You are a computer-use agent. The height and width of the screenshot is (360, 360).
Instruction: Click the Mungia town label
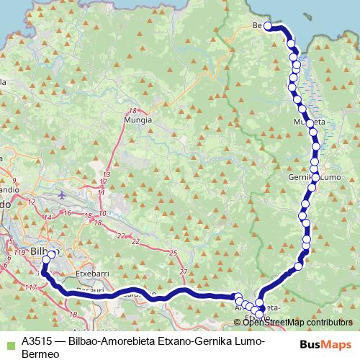tap(138, 120)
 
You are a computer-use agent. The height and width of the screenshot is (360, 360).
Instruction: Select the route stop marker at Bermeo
tap(267, 26)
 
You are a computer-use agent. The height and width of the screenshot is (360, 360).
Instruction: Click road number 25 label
tap(173, 253)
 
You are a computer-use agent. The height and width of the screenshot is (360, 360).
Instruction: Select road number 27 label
tap(183, 271)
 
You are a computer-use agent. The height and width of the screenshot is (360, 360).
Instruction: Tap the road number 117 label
tap(30, 288)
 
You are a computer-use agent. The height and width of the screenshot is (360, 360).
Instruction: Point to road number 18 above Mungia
tap(132, 110)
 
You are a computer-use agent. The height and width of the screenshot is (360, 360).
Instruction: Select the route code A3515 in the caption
tap(37, 341)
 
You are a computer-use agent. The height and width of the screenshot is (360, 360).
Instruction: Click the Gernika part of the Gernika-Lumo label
tap(302, 177)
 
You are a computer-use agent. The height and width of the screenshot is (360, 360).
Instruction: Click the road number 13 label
tap(107, 175)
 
